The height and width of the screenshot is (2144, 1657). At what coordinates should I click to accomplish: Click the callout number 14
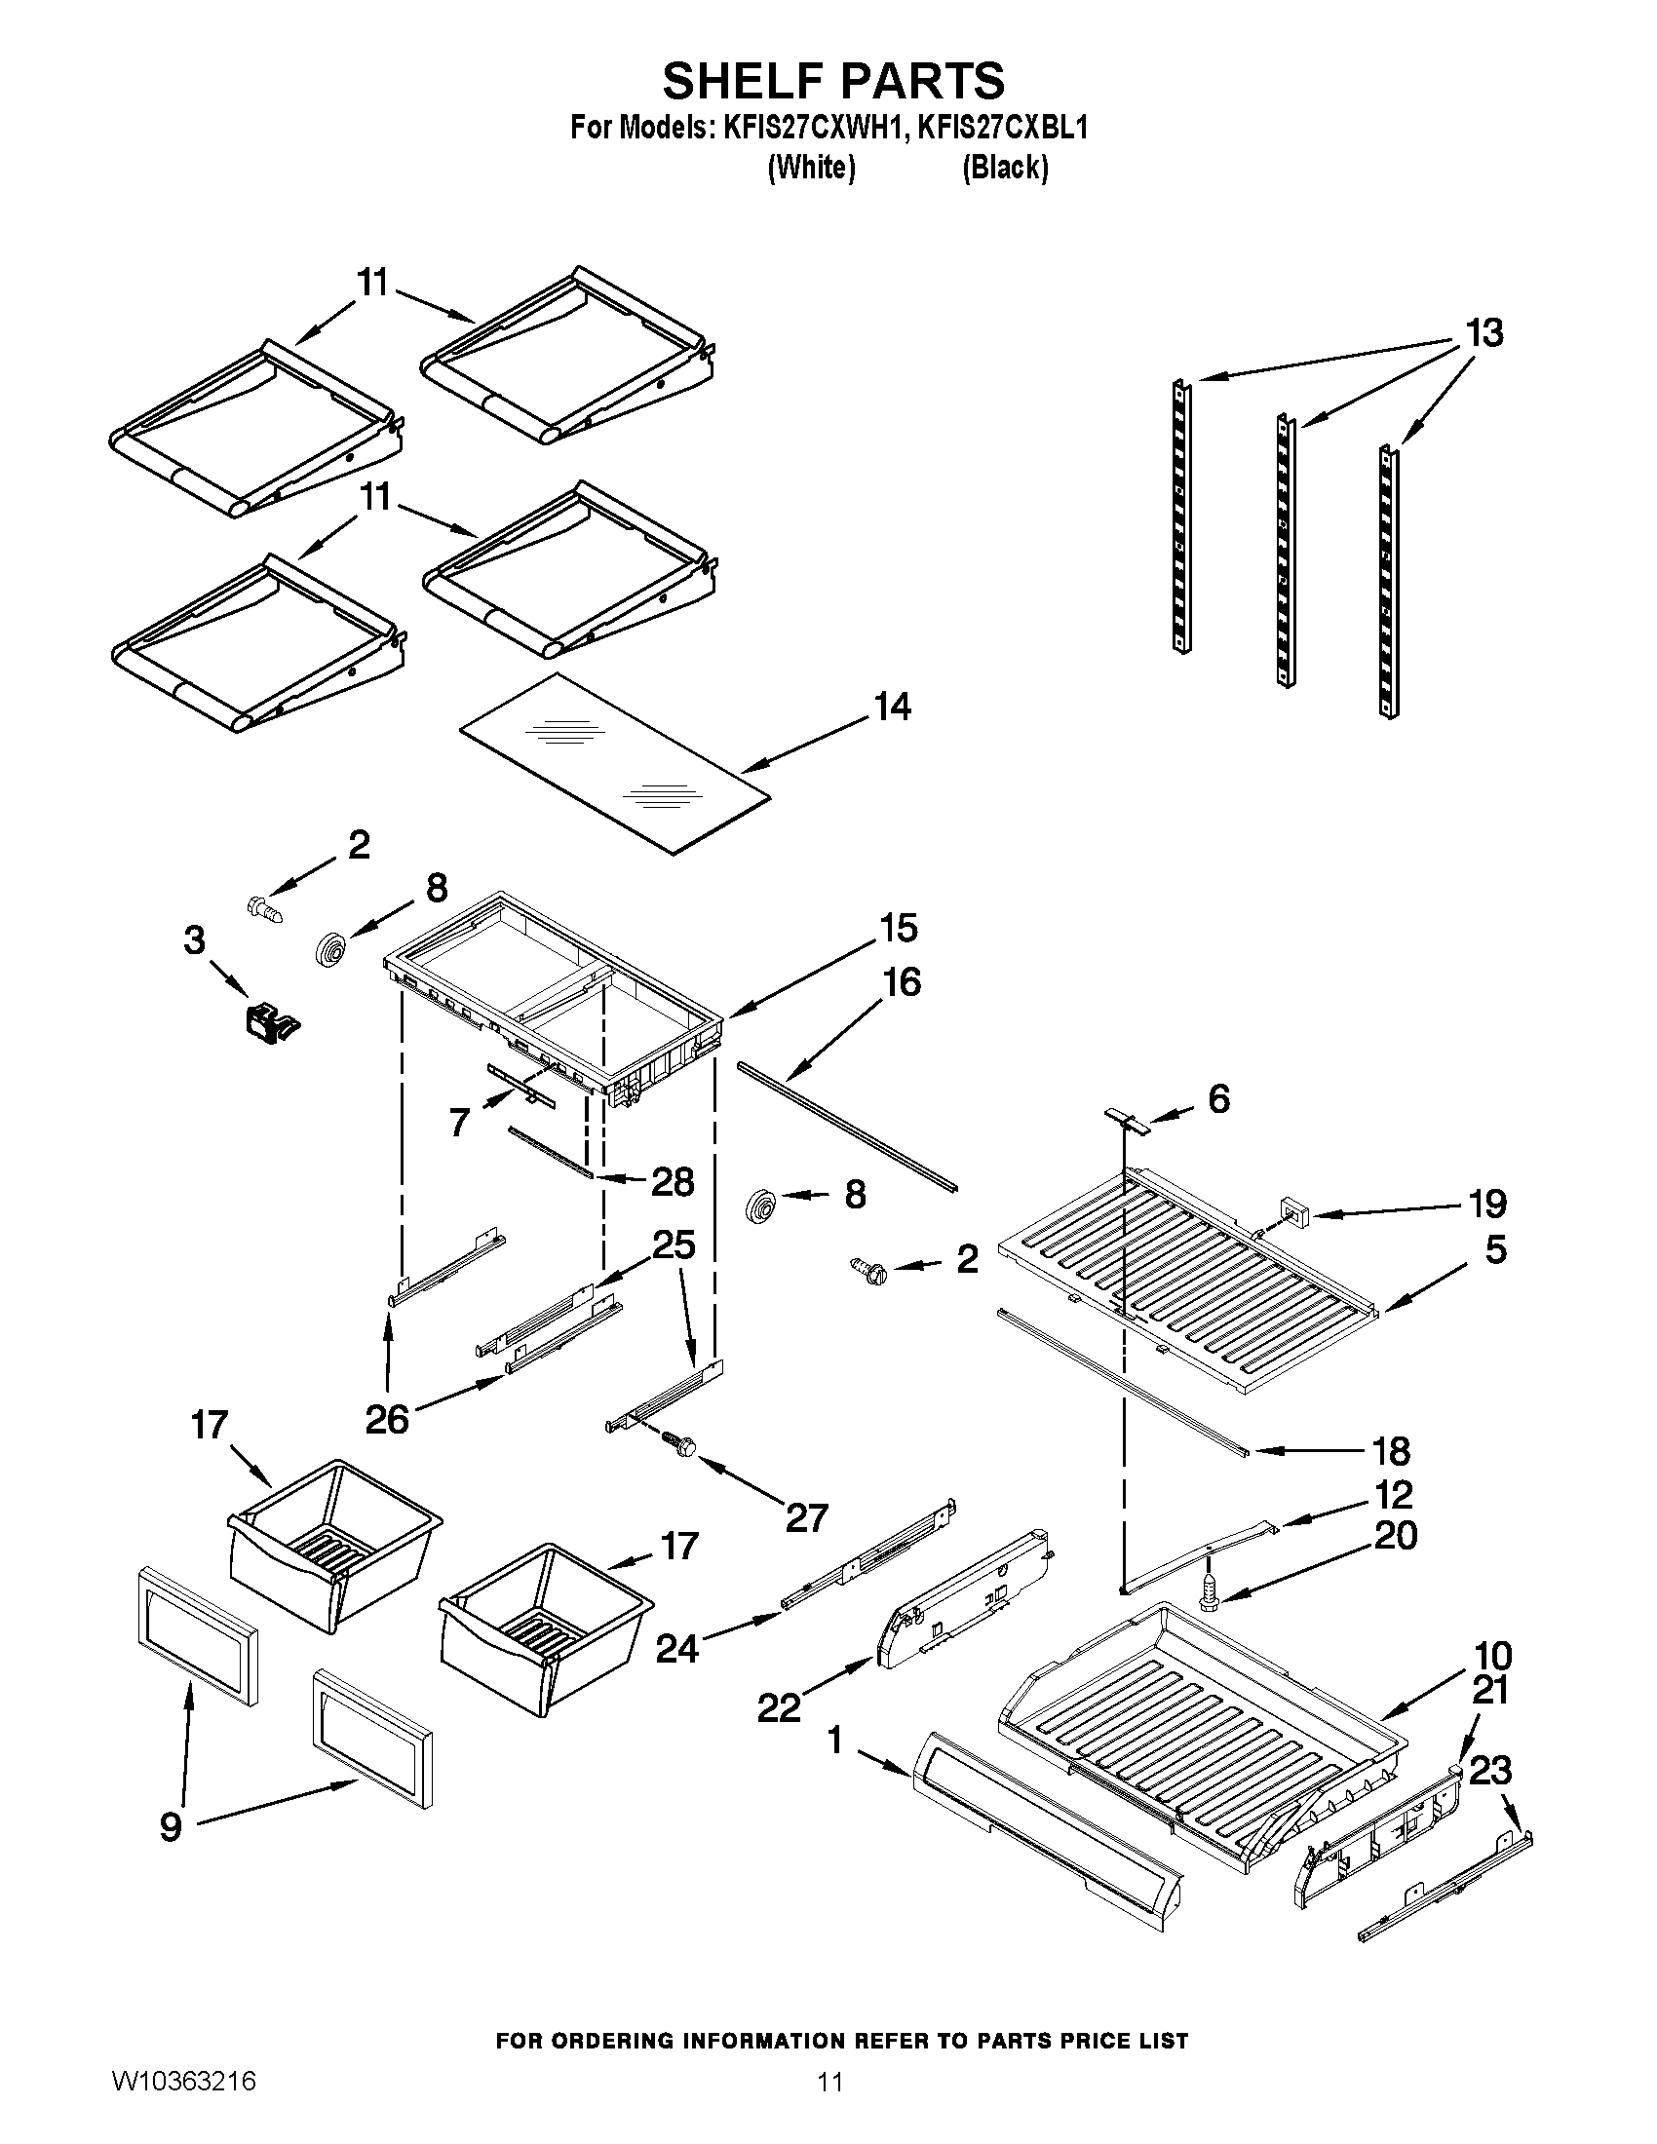[891, 707]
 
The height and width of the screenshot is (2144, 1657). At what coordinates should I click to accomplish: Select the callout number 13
[1484, 333]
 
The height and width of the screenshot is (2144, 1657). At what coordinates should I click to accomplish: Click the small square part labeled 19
[1297, 1215]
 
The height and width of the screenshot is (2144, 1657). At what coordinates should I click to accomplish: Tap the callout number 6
[1218, 1099]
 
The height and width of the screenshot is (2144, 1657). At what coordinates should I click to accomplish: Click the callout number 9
[171, 1827]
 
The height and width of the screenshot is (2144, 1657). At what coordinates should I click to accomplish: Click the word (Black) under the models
[1004, 169]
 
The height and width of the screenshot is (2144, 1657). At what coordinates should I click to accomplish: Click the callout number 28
[673, 1182]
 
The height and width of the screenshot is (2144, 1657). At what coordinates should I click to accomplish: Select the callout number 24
[677, 1649]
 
